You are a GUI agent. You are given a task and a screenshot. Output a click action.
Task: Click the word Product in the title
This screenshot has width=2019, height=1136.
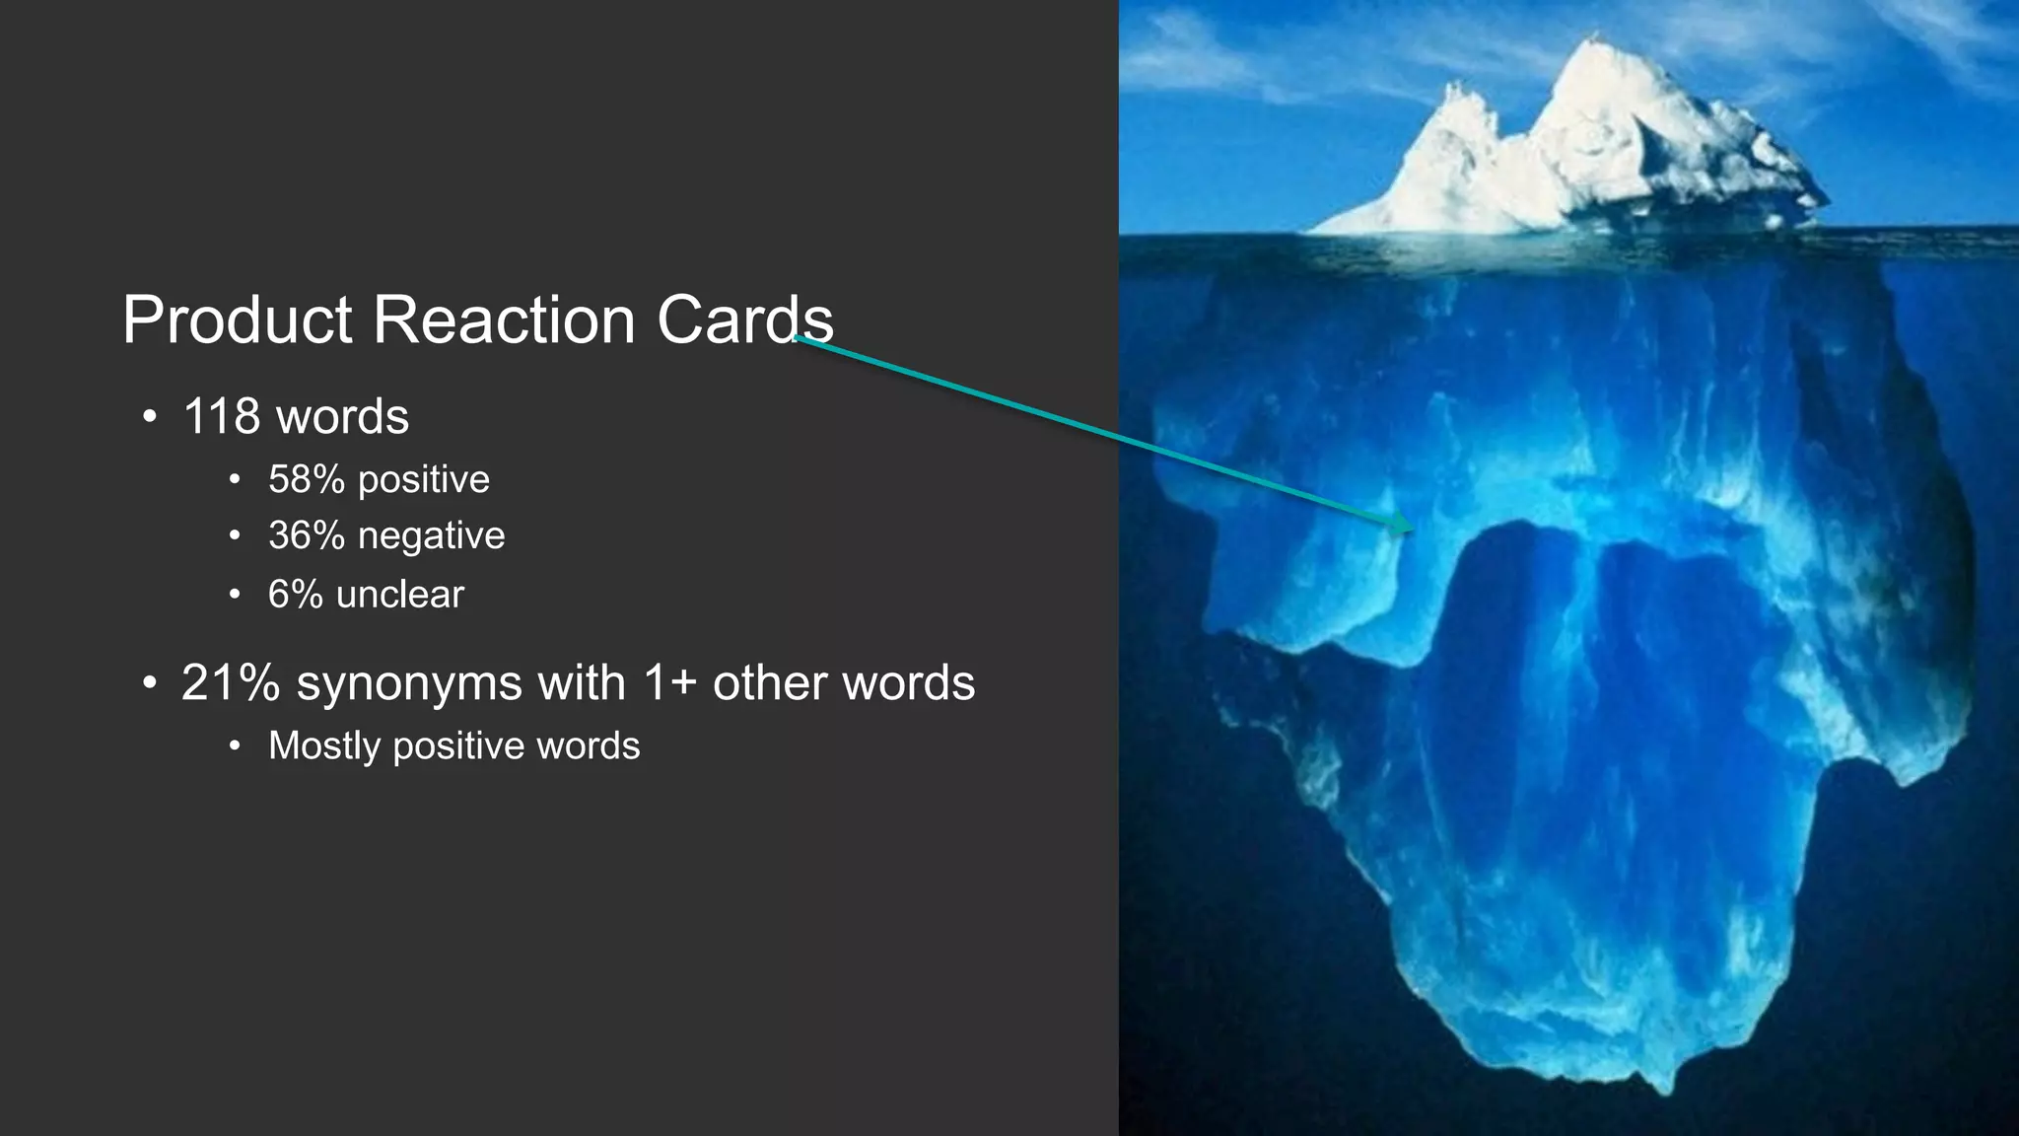pos(237,320)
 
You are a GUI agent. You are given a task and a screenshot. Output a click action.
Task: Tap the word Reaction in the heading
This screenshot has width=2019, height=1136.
pos(504,320)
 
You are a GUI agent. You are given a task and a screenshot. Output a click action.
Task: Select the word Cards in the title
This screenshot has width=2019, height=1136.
pos(744,320)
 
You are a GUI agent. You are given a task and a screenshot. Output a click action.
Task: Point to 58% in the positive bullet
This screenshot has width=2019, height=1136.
pos(307,480)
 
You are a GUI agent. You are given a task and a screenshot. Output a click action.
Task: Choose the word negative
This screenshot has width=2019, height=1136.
pos(431,536)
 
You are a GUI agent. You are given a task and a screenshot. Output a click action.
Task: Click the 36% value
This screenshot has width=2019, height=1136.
pos(307,536)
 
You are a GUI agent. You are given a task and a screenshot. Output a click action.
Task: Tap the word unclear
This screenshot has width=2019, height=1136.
pos(399,595)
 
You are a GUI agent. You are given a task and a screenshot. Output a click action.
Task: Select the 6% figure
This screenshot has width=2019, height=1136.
pos(295,595)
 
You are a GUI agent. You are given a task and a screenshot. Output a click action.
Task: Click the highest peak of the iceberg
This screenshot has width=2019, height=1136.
pos(1588,41)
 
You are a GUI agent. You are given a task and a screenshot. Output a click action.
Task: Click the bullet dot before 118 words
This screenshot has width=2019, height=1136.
pos(149,417)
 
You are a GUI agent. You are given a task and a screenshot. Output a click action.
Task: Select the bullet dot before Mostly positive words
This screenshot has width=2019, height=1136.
pos(234,746)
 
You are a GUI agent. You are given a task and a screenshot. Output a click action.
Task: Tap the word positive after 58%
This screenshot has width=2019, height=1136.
pos(423,480)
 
